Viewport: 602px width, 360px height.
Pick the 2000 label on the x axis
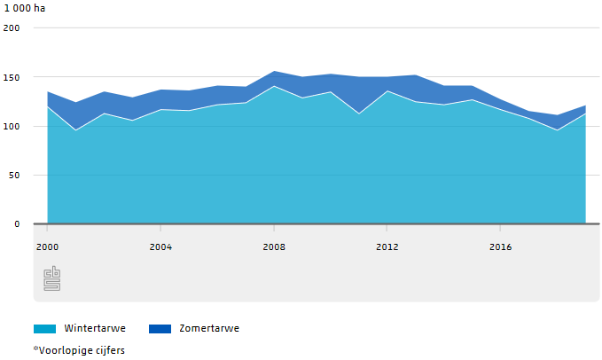[47, 247]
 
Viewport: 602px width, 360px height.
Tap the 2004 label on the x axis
[160, 247]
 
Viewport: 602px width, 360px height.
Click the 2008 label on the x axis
[274, 247]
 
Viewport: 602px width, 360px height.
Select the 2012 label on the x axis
[387, 247]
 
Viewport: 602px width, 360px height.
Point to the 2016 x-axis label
[500, 247]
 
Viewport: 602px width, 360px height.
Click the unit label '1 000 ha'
[24, 9]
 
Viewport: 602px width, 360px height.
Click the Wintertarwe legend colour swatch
[45, 328]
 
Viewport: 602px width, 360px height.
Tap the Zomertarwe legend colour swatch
[160, 328]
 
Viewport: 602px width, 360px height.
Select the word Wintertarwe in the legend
[95, 328]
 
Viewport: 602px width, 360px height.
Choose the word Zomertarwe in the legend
[208, 328]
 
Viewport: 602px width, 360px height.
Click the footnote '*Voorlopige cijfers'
[79, 350]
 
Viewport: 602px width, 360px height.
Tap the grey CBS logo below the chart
[52, 278]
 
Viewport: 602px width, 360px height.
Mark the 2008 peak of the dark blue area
[274, 72]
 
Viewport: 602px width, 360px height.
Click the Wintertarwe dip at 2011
[358, 113]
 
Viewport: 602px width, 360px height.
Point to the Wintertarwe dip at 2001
[75, 130]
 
